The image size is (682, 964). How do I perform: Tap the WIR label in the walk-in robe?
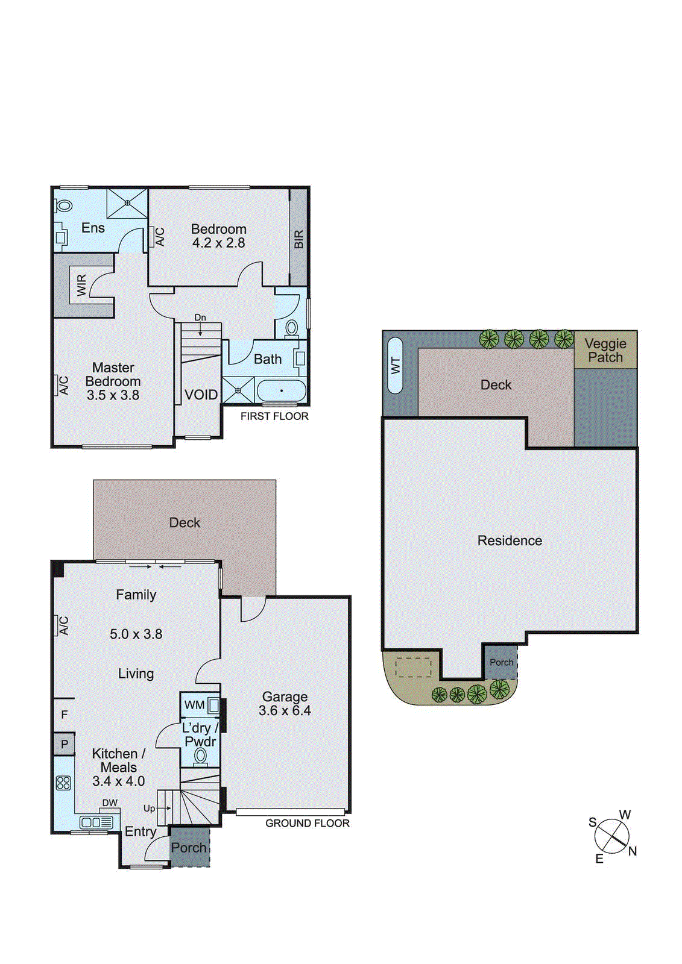(82, 285)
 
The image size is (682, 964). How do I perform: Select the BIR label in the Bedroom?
(299, 239)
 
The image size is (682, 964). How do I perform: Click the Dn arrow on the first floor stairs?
(200, 325)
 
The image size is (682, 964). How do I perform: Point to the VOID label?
(201, 395)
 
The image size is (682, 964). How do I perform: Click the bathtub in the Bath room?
(281, 391)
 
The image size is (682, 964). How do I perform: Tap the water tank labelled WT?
(396, 366)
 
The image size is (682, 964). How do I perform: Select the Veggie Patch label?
(605, 350)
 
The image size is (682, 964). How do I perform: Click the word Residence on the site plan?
(510, 541)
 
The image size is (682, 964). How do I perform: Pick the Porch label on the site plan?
(501, 662)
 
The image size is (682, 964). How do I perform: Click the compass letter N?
(632, 851)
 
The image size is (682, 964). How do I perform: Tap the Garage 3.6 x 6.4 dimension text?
(285, 711)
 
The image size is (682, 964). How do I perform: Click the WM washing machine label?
(194, 705)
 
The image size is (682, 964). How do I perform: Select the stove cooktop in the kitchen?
(63, 783)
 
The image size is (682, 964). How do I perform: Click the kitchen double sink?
(96, 822)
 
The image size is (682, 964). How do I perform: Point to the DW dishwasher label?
(110, 803)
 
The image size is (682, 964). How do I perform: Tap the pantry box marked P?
(65, 744)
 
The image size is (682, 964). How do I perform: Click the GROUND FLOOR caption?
(307, 823)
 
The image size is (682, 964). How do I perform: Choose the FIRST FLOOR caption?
(274, 416)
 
